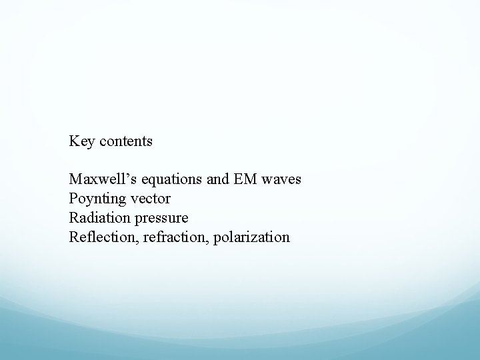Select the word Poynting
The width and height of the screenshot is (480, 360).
click(x=95, y=199)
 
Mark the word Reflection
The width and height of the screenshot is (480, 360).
click(x=99, y=237)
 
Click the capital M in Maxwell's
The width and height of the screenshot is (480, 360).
click(x=75, y=180)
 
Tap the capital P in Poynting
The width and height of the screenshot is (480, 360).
click(x=72, y=199)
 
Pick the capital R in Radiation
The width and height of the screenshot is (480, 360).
click(x=73, y=218)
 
